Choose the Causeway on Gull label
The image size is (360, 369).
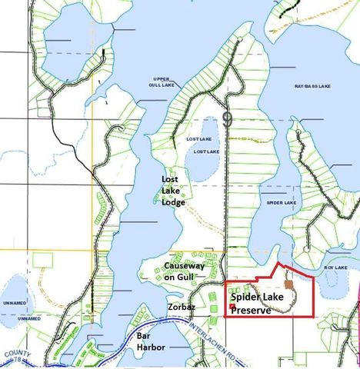point(184,271)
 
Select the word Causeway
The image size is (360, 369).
point(184,265)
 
